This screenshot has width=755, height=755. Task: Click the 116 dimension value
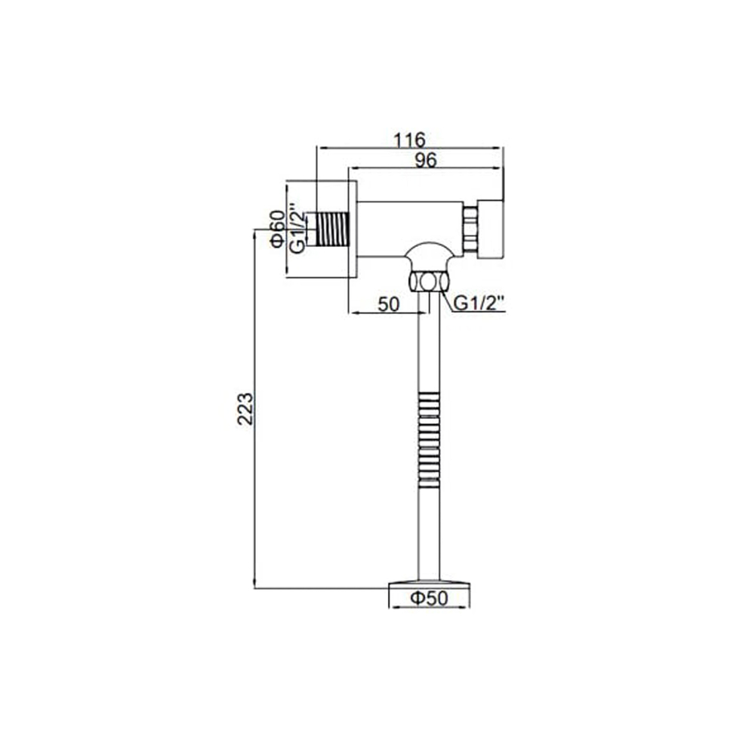[x=410, y=140]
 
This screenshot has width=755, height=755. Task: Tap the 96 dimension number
[x=426, y=159]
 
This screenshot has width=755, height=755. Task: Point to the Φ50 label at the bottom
[x=430, y=599]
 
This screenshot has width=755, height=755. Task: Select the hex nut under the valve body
[x=427, y=282]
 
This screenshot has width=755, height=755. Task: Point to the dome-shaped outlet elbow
[x=427, y=254]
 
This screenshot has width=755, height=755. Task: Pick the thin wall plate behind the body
[x=352, y=229]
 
